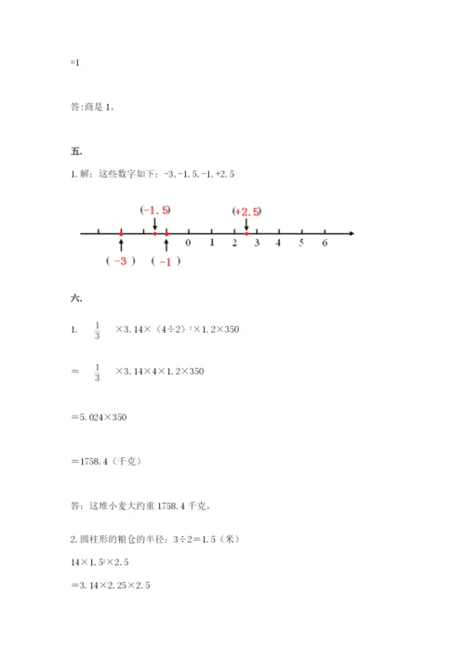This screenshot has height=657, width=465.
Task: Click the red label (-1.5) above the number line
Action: [x=154, y=211]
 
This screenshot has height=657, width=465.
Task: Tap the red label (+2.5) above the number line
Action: [x=246, y=212]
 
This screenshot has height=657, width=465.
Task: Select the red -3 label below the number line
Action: [x=121, y=261]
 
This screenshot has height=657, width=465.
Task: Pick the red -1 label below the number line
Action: [x=166, y=261]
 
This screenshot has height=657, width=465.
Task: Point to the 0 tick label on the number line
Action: [x=188, y=243]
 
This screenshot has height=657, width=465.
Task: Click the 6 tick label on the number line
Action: [x=325, y=243]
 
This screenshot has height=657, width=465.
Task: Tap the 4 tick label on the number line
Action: [x=279, y=243]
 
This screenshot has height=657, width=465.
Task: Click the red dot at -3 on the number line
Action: [x=121, y=232]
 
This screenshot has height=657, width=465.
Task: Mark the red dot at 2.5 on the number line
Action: [x=246, y=232]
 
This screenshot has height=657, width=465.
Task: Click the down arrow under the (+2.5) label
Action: [x=246, y=224]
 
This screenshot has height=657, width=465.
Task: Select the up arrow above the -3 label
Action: [x=121, y=244]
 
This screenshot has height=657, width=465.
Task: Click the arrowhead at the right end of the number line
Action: [x=352, y=232]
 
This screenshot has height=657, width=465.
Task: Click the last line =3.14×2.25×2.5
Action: [x=110, y=585]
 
